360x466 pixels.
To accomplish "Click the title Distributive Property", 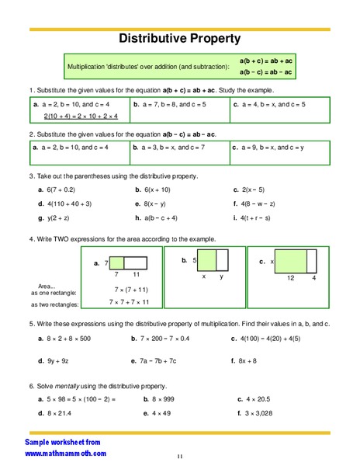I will pos(179,38).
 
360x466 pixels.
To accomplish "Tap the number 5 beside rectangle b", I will pos(195,261).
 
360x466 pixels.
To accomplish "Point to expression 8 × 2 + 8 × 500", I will pos(73,339).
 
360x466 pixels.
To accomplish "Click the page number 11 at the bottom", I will pos(179,456).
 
